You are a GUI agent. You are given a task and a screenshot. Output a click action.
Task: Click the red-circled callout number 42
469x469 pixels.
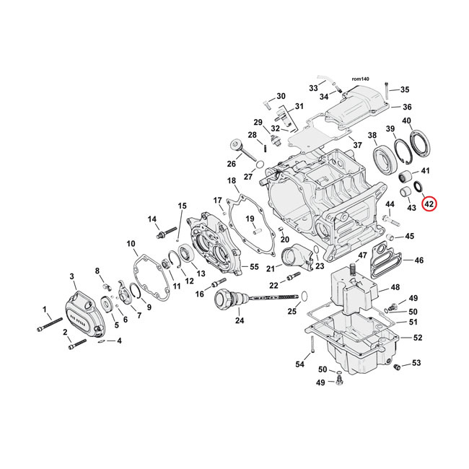click(429, 204)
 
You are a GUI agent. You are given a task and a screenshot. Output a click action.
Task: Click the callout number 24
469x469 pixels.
click(240, 320)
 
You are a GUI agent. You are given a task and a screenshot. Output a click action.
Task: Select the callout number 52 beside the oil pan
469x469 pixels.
click(418, 337)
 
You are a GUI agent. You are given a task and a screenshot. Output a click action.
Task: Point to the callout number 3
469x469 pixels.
click(72, 276)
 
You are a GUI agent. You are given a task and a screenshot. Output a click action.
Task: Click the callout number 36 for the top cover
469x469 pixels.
click(407, 107)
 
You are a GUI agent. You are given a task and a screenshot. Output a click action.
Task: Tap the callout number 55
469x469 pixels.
click(253, 267)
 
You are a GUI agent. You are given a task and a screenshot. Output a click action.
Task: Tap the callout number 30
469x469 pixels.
click(281, 96)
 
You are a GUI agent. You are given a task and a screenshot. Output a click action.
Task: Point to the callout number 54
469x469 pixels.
click(299, 364)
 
